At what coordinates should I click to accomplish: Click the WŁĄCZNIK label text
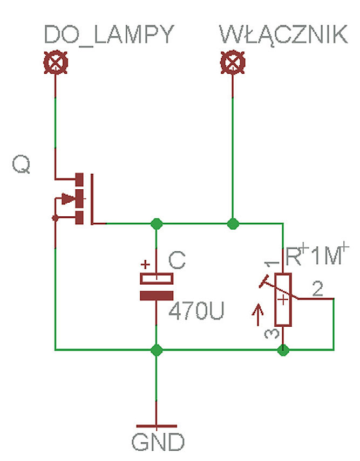tap(283, 35)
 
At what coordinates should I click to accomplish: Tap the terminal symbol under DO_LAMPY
tap(55, 64)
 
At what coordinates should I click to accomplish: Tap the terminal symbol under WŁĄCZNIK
tap(232, 64)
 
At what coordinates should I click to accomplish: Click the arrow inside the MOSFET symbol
tap(68, 199)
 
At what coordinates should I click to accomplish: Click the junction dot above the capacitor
tap(156, 223)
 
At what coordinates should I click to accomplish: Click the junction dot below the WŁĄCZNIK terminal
tap(233, 223)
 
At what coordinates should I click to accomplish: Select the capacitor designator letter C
tap(177, 260)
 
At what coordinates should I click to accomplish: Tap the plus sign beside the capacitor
tap(145, 265)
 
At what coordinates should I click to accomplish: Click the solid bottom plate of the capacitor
tap(156, 295)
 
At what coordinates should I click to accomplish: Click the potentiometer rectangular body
tap(283, 300)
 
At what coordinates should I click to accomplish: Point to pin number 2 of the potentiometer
tap(318, 290)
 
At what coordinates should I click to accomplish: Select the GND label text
tap(158, 442)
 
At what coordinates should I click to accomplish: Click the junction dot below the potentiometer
tap(282, 350)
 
